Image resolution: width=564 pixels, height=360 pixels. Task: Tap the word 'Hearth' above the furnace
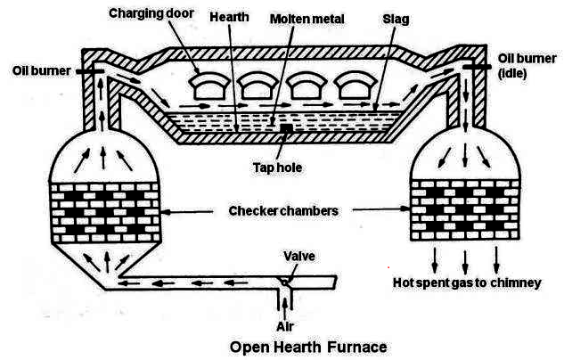point(230,17)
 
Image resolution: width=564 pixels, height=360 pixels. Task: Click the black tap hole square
point(286,130)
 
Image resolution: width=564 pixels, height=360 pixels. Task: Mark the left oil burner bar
point(93,70)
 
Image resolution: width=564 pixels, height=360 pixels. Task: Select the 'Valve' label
point(298,257)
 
